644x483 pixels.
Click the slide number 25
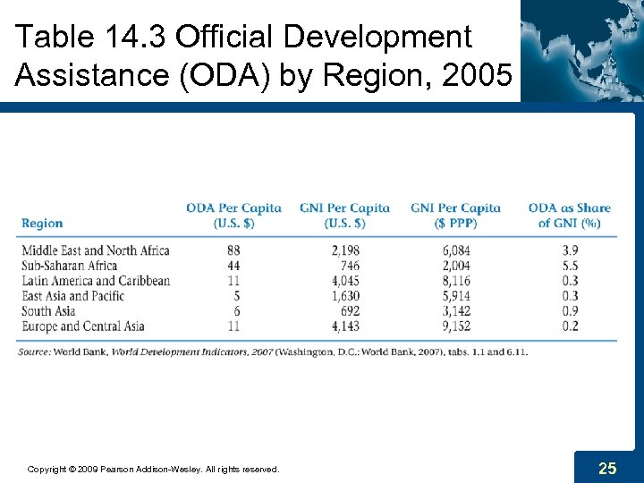[x=607, y=468]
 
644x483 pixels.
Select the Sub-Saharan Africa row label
[x=69, y=266]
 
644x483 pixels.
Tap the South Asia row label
[x=49, y=310]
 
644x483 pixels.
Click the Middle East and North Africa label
[x=95, y=250]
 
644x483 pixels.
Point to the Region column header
[x=42, y=224]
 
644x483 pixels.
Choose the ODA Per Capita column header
[x=233, y=216]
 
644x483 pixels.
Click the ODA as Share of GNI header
[x=569, y=216]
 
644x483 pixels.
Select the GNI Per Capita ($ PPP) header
[x=455, y=216]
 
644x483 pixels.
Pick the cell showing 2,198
[x=343, y=250]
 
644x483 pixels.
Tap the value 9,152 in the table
[x=453, y=326]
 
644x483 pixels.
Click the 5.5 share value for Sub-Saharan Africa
[x=569, y=266]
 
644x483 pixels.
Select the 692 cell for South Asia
[x=348, y=310]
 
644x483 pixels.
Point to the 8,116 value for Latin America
[x=453, y=281]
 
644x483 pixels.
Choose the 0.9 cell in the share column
[x=569, y=310]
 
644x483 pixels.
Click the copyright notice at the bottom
[x=153, y=469]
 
